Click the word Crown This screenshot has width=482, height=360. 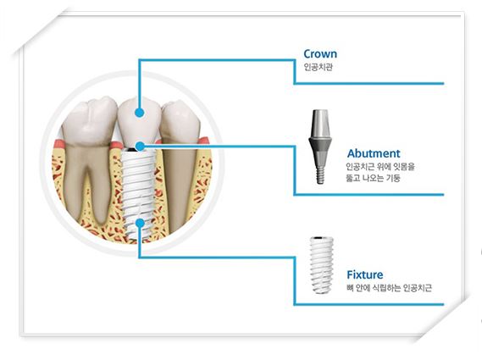pyautogui.click(x=320, y=54)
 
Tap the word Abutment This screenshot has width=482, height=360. pyautogui.click(x=374, y=153)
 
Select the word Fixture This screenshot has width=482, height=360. pyautogui.click(x=365, y=274)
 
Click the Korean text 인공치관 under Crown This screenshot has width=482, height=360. pyautogui.click(x=319, y=67)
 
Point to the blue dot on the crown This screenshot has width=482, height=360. pyautogui.click(x=140, y=113)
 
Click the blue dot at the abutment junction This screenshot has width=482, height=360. pyautogui.click(x=140, y=147)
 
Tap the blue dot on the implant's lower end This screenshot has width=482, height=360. pyautogui.click(x=140, y=223)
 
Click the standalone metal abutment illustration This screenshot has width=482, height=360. pyautogui.click(x=320, y=147)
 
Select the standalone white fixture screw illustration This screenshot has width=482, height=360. pyautogui.click(x=321, y=265)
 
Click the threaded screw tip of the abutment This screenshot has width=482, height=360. pyautogui.click(x=320, y=174)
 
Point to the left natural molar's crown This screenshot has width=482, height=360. pyautogui.click(x=90, y=121)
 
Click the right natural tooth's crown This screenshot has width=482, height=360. pyautogui.click(x=180, y=121)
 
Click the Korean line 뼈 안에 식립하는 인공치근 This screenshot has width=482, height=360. pyautogui.click(x=389, y=288)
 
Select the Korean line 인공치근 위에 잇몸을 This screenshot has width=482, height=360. pyautogui.click(x=380, y=167)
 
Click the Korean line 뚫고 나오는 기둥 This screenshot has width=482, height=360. pyautogui.click(x=374, y=178)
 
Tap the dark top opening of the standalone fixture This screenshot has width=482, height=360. pyautogui.click(x=321, y=238)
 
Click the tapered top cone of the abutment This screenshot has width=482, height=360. pyautogui.click(x=320, y=123)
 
